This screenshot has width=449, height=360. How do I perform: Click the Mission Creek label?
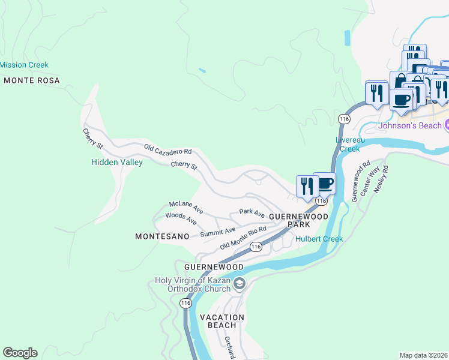coord(24,65)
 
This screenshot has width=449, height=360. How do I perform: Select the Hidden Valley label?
coord(116,162)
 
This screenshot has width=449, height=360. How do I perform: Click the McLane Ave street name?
coord(185,207)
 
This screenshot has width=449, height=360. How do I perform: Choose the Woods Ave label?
coord(181,218)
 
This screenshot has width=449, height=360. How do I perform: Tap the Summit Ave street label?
coord(218,232)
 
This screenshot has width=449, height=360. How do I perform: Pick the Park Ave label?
coord(252,212)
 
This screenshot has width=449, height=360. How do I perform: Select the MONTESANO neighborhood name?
coord(162,237)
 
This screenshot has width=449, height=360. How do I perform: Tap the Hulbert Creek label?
coord(319,239)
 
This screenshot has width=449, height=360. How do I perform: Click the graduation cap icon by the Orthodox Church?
coord(239,283)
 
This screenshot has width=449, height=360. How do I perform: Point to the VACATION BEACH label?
coord(221,321)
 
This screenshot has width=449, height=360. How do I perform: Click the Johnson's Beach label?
coord(409,126)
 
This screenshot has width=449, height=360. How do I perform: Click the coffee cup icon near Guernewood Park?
coord(324,183)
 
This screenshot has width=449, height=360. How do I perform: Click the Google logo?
coord(20,353)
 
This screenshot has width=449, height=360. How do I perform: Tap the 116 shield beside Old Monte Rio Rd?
coord(256,247)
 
